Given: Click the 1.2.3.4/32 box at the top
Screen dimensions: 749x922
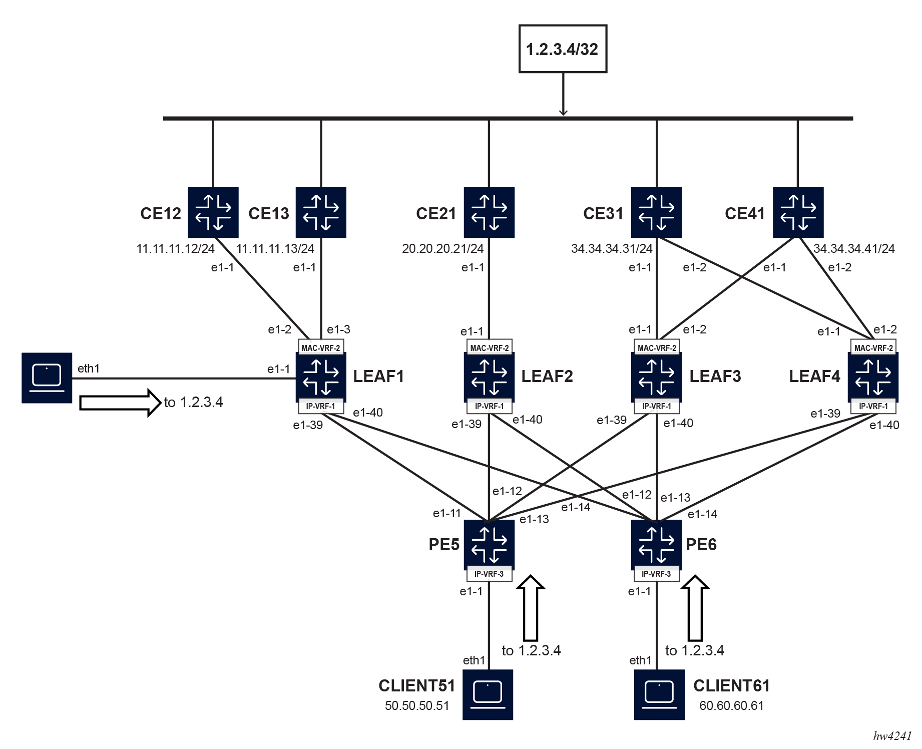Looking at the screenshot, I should coord(563,49).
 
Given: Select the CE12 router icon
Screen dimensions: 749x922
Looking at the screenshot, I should coord(213,212).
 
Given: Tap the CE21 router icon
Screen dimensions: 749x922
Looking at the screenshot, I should coord(489,212).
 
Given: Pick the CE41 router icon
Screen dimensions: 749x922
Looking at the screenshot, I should coord(798,212).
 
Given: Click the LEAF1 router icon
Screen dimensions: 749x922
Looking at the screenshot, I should coord(321,377).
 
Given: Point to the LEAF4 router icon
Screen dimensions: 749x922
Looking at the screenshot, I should coord(873,377).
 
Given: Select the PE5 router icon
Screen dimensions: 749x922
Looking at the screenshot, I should coord(489,544).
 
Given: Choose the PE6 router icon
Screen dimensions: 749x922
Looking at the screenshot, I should coord(656,544).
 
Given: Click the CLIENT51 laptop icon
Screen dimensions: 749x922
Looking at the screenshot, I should coord(488,694).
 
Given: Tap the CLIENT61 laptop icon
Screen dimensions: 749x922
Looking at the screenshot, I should coord(659,694).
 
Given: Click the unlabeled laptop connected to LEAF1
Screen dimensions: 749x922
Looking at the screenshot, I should coord(47,378).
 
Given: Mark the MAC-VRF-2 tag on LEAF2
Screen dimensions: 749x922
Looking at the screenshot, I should coord(489,347).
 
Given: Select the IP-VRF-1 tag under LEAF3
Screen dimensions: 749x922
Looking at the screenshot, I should coord(656,406).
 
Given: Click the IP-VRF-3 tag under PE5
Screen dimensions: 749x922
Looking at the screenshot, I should coord(489,574).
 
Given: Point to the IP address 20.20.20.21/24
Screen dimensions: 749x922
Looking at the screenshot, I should coord(442,248).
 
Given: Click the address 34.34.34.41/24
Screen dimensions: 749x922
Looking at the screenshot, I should coord(854,248).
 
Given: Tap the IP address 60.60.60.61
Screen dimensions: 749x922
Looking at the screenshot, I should coord(731,705).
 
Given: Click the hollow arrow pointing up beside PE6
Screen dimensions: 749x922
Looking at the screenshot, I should coord(695,608).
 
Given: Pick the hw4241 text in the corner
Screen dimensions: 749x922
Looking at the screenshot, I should coord(892,735).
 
